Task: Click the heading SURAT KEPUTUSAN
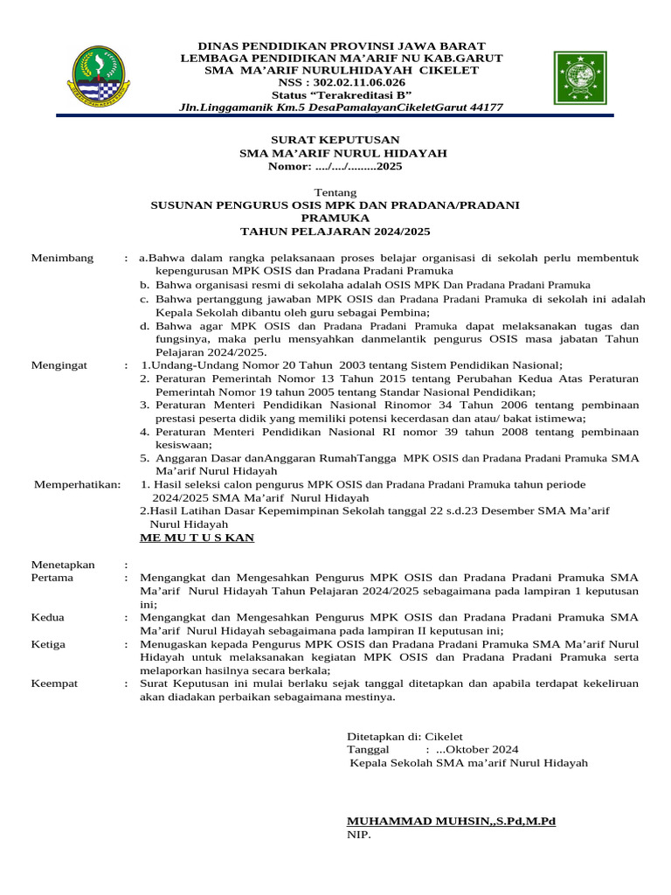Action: [x=335, y=140]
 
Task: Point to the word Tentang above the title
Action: [x=335, y=192]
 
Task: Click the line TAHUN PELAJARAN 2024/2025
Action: [x=335, y=232]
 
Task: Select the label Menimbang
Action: [x=60, y=258]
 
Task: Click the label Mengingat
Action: [x=59, y=365]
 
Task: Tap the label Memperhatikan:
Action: [x=77, y=484]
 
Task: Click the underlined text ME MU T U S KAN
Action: [x=197, y=538]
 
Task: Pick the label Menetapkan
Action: [x=63, y=565]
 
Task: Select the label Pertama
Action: [x=52, y=578]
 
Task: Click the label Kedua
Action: [x=48, y=617]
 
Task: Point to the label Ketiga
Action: [x=49, y=644]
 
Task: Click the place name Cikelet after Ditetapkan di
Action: [x=443, y=736]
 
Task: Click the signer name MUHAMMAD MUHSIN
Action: [x=410, y=822]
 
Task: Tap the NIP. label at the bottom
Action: [x=359, y=836]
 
